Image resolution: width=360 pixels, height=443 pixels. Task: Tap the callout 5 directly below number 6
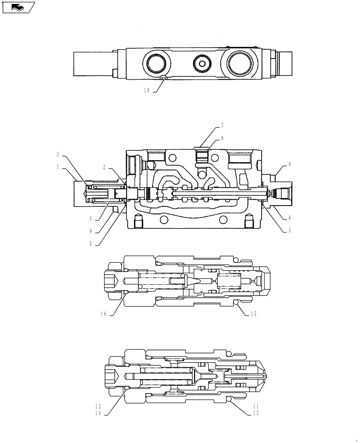289,230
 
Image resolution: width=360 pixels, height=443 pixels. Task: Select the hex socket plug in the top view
203,65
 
